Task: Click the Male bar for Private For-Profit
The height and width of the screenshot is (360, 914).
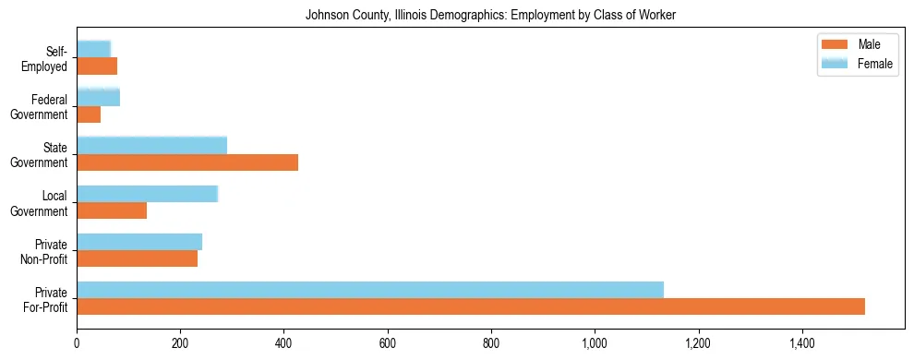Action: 471,306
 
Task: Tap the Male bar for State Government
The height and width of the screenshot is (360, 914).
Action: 187,162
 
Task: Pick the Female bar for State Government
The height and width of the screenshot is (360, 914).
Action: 152,145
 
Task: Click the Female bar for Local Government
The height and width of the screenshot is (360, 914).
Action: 148,194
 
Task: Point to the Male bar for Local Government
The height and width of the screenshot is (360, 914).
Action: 112,210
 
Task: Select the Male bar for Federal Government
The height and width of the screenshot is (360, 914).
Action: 89,114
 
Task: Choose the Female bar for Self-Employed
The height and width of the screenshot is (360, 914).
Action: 94,49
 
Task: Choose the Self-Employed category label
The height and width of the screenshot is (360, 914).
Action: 46,58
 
